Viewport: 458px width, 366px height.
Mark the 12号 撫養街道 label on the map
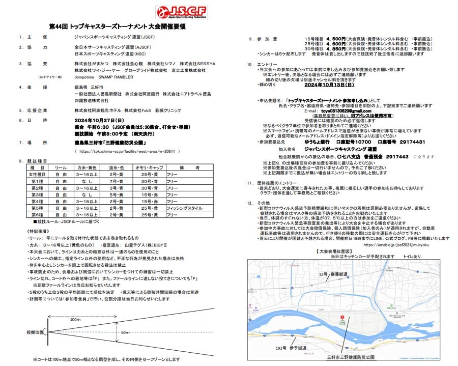[332, 274]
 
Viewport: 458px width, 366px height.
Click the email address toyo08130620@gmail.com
[330, 111]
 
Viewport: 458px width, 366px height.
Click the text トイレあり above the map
[412, 257]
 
